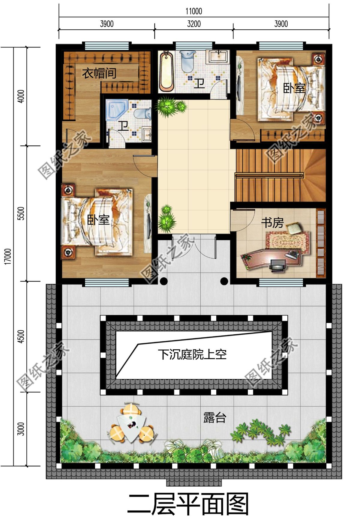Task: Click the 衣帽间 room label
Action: tap(99, 73)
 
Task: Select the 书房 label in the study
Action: tap(272, 223)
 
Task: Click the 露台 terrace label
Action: tap(214, 417)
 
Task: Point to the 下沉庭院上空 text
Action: tap(192, 355)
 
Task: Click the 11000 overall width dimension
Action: tap(194, 11)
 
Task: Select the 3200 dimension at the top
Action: tap(194, 24)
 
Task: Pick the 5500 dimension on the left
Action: tap(21, 214)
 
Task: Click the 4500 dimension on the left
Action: tap(21, 336)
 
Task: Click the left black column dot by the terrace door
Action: tap(163, 281)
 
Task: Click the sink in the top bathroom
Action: tap(218, 56)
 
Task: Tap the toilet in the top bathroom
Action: tap(187, 61)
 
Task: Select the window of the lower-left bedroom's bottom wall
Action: tap(107, 282)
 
